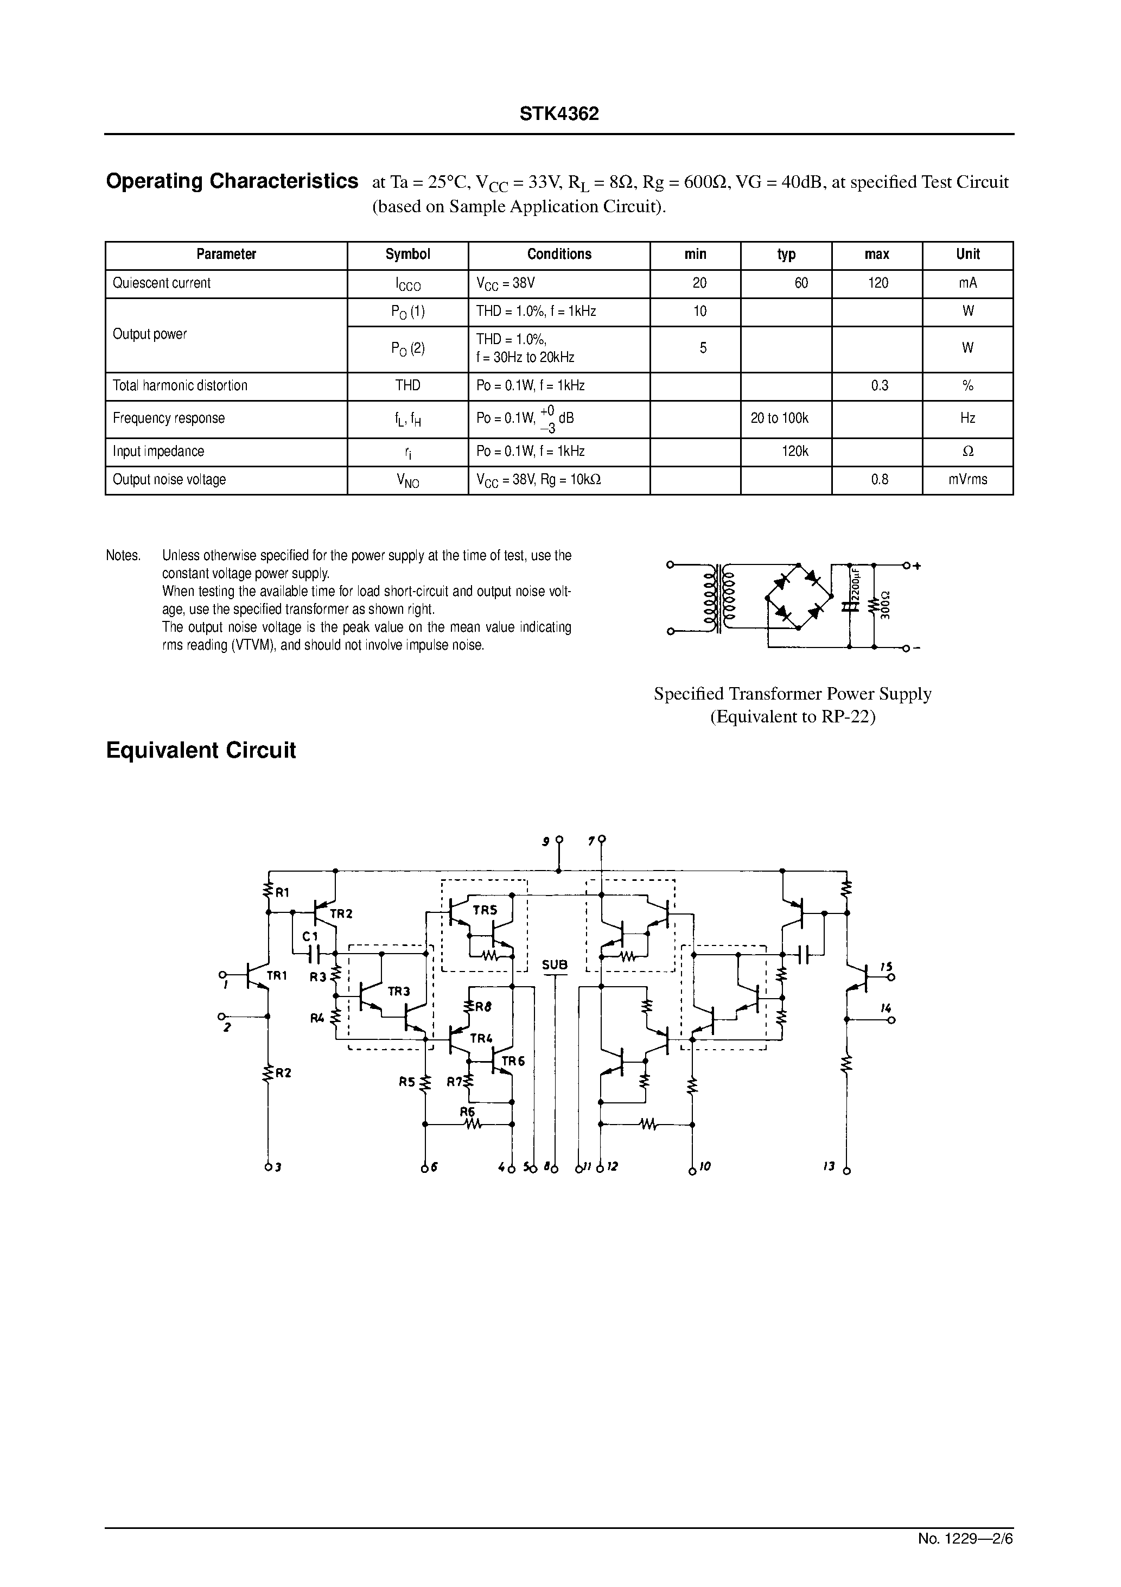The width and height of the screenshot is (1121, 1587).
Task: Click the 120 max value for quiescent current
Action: coord(878,283)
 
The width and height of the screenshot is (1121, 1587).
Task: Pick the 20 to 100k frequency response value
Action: coord(780,418)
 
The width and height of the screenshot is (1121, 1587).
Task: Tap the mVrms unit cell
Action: coord(967,480)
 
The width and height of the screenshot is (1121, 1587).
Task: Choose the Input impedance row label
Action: coord(158,452)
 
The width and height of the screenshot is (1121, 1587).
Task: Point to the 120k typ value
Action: coord(795,452)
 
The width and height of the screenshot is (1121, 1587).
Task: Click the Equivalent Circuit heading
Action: coord(200,751)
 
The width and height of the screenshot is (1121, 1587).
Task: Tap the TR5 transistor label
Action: coord(485,910)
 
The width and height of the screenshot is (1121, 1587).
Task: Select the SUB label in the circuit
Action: coord(555,965)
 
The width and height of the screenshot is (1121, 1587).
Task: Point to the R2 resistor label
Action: coord(283,1073)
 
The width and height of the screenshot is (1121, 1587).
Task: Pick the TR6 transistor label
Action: coord(513,1061)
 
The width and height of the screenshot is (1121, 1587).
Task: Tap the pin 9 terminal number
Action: coord(546,841)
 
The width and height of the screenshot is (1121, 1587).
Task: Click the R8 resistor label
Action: coord(483,1007)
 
